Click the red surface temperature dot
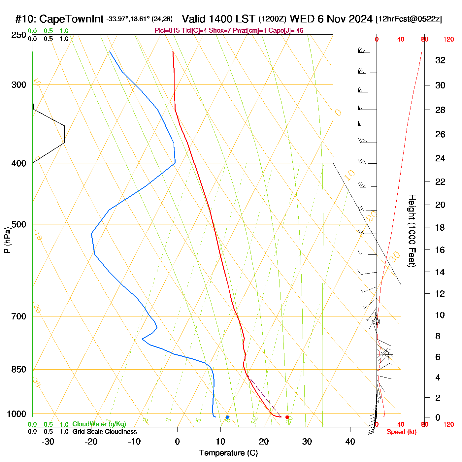tap(287, 417)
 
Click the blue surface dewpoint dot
tap(227, 417)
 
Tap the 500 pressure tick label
tap(19, 224)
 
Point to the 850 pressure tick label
tap(19, 370)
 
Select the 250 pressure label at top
tap(19, 35)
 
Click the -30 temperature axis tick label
tap(48, 442)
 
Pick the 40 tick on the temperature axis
tap(350, 442)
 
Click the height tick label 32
tap(440, 60)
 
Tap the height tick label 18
tap(440, 227)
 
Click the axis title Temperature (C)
tap(228, 453)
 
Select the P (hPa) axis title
tap(7, 240)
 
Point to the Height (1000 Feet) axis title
tap(412, 231)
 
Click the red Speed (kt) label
tap(401, 432)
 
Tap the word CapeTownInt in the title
tap(71, 19)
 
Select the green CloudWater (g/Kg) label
tap(99, 424)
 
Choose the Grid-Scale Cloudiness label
tap(105, 432)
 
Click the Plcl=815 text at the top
tap(167, 31)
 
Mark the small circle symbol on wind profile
tap(377, 321)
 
